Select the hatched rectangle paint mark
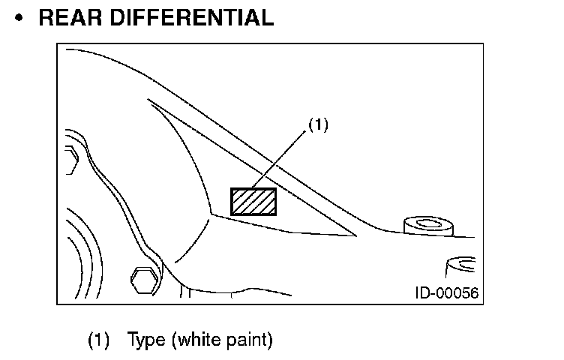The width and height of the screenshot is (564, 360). (x=253, y=201)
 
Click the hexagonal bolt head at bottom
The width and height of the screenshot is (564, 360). (x=144, y=280)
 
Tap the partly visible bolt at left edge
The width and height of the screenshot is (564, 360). (x=70, y=159)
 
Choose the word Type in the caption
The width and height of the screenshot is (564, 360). (x=147, y=340)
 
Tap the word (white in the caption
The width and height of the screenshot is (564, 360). (x=199, y=340)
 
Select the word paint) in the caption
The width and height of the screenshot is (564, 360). (x=250, y=340)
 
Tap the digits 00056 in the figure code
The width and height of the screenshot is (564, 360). (x=457, y=292)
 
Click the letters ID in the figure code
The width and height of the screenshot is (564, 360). (x=421, y=292)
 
